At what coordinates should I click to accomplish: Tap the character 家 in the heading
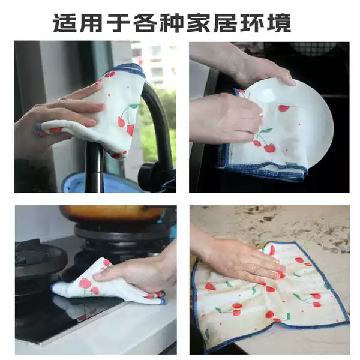(199, 23)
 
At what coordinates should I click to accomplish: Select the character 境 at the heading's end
(279, 23)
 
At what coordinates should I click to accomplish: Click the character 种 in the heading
(173, 23)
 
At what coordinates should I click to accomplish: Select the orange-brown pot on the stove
(113, 213)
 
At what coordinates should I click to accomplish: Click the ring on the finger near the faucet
(60, 99)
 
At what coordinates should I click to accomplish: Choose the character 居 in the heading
(225, 23)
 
